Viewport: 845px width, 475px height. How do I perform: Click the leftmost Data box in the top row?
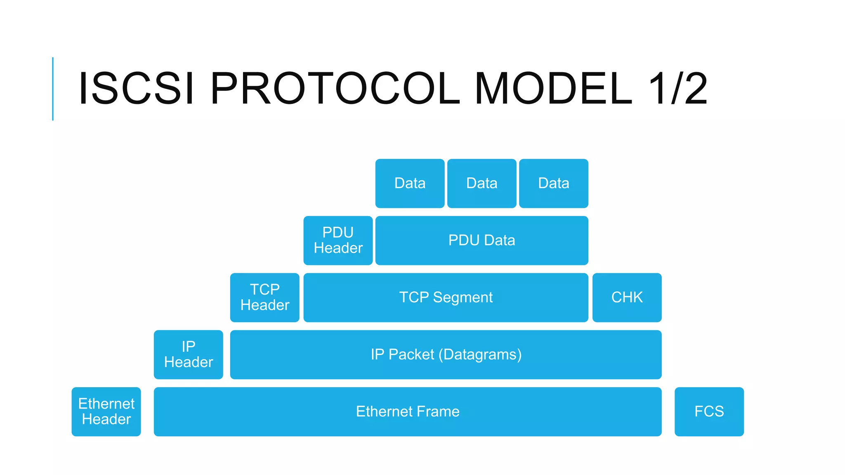(x=410, y=183)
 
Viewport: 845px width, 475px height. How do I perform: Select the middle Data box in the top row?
(x=482, y=183)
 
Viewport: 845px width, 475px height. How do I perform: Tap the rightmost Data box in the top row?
(x=553, y=183)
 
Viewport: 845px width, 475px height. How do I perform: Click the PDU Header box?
(x=338, y=240)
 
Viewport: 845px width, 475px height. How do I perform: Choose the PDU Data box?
(x=482, y=240)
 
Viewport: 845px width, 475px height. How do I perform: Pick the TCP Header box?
(x=264, y=297)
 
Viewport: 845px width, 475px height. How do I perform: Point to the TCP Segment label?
(x=446, y=297)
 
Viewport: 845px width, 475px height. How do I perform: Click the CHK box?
(x=627, y=297)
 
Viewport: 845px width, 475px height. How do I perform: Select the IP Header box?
(x=188, y=354)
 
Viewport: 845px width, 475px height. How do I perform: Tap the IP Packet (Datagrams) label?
(x=446, y=355)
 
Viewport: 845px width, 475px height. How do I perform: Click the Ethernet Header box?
(x=106, y=412)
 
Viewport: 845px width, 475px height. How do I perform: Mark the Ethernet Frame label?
(x=408, y=412)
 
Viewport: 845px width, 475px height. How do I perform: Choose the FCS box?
(x=709, y=412)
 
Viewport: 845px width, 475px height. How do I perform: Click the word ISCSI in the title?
(x=136, y=89)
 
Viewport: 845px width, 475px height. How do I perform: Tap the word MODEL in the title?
(x=553, y=89)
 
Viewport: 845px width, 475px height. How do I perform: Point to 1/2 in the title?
(x=678, y=89)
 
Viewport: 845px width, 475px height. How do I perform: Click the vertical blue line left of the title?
(x=53, y=89)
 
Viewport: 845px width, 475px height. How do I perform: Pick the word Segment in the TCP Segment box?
(x=463, y=298)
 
